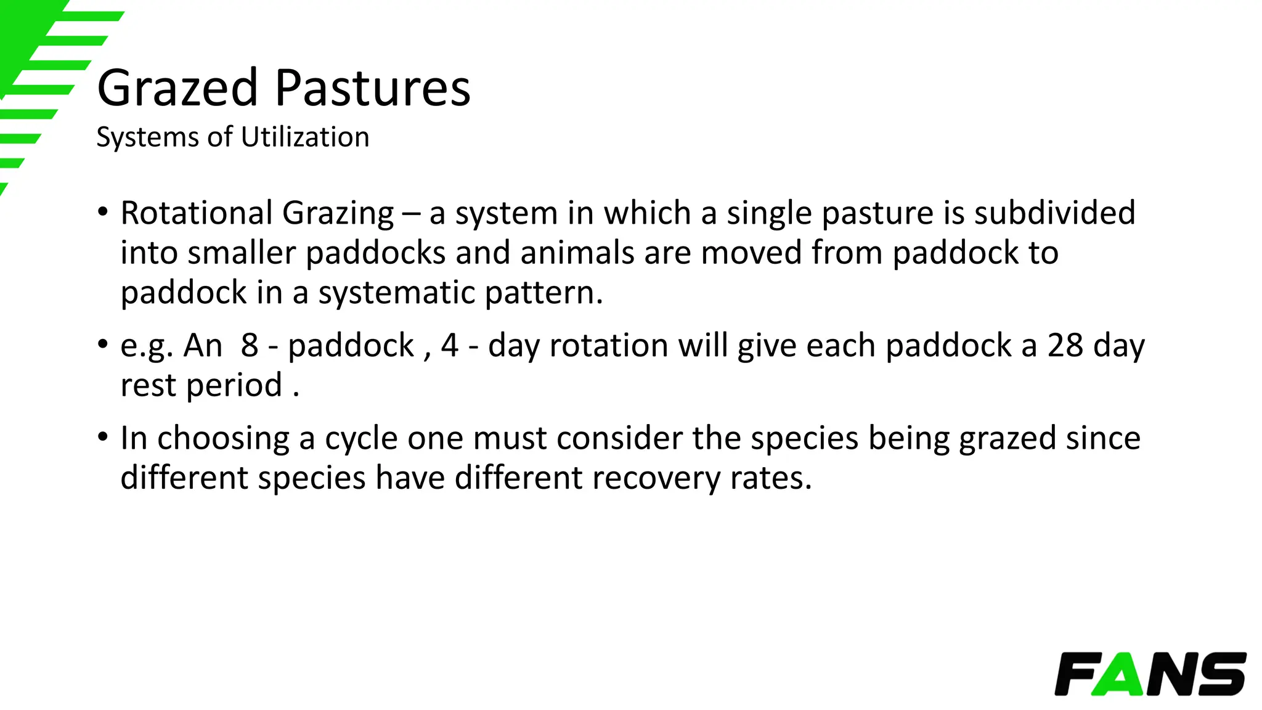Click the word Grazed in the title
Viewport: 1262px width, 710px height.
click(177, 89)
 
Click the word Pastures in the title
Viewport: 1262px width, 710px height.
click(373, 89)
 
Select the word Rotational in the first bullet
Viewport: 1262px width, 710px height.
click(197, 213)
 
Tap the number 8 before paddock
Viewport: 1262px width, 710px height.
click(250, 345)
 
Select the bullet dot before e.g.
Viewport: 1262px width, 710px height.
click(103, 345)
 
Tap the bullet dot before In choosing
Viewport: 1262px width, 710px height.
click(103, 438)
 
